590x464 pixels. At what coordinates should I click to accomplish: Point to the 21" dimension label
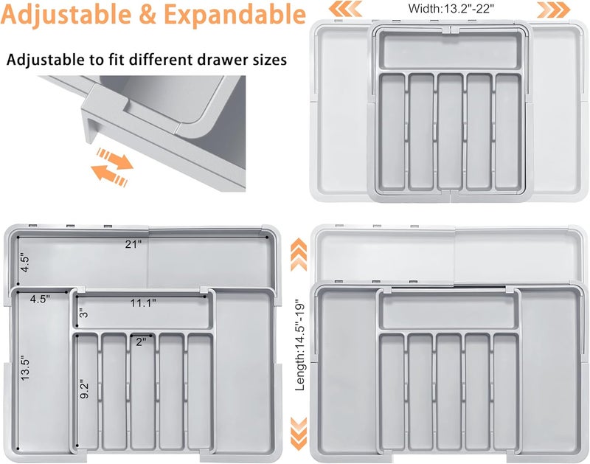133,244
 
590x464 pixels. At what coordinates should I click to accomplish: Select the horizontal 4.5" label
40,299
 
